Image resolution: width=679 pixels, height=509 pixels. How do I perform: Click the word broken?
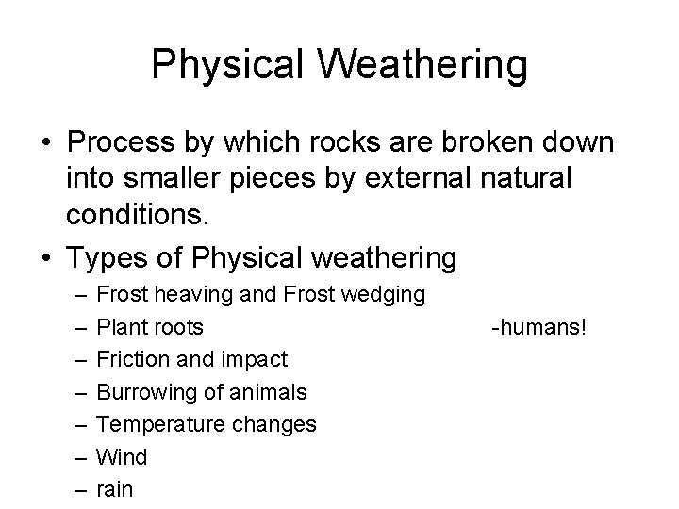pos(496,144)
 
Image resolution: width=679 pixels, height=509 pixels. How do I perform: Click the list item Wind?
pos(123,457)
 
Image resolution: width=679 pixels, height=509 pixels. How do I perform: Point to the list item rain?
pos(115,489)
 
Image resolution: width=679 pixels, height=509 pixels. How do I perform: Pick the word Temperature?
pos(160,425)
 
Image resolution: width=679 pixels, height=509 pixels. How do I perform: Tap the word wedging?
pos(383,295)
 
